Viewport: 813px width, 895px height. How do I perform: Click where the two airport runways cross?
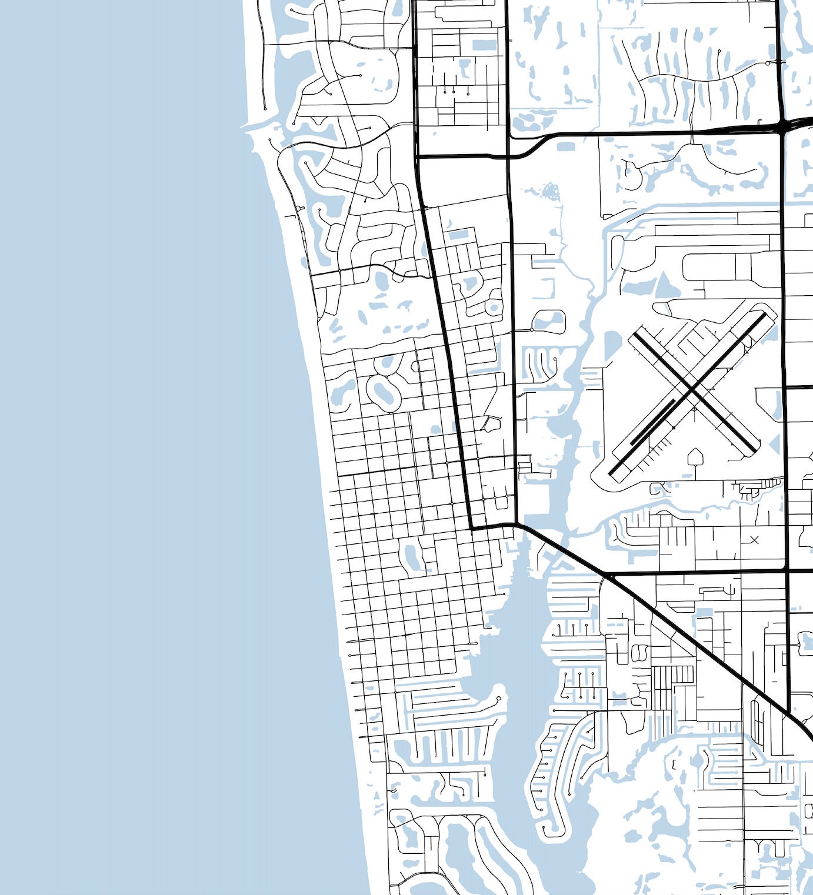coord(694,392)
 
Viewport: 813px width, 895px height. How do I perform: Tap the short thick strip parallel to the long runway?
coord(652,422)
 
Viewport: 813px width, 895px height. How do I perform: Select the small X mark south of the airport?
coord(755,539)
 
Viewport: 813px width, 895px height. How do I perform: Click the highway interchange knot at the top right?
coord(785,125)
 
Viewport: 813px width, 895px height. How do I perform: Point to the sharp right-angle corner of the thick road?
coord(472,528)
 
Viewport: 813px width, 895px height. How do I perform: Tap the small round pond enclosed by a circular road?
coord(493,308)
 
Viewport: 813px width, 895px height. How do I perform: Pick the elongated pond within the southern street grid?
coord(411,556)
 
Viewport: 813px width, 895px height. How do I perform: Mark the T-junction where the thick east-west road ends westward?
coord(417,157)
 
